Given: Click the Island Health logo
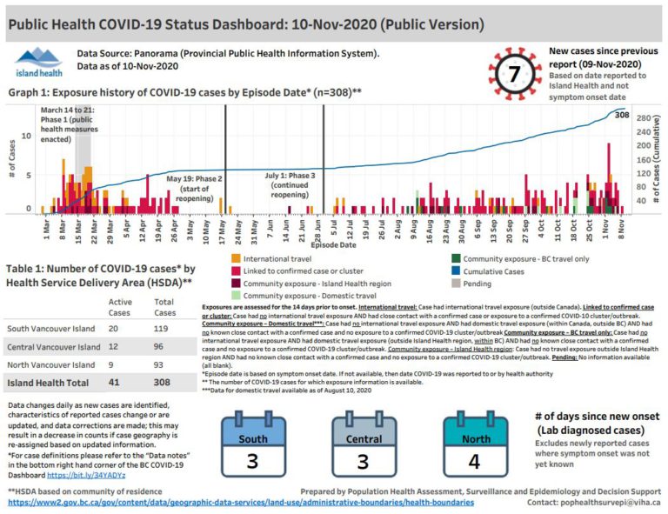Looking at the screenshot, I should click(37, 63).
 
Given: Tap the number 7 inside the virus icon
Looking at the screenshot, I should click(515, 74).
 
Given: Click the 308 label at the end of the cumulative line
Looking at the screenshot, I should click(622, 115).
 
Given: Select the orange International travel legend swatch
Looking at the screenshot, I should click(236, 258).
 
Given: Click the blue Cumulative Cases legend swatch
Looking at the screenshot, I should click(458, 270).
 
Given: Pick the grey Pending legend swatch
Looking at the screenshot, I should click(458, 283).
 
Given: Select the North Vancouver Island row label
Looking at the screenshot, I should click(50, 364).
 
